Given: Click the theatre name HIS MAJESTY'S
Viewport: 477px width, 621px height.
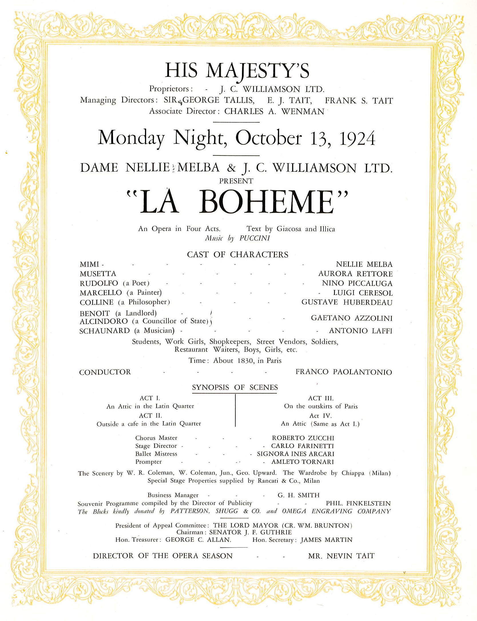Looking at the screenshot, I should click(x=237, y=70).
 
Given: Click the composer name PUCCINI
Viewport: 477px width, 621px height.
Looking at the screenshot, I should click(x=255, y=238).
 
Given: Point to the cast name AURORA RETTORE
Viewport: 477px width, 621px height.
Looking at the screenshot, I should click(x=355, y=274).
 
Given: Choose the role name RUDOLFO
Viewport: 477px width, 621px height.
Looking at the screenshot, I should click(x=99, y=283).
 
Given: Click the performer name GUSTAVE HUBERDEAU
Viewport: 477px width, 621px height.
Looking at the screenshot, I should click(x=347, y=302).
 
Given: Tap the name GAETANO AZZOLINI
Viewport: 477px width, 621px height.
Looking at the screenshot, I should click(x=352, y=318).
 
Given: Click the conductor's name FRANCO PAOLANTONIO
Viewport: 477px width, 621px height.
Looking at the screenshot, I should click(x=344, y=372).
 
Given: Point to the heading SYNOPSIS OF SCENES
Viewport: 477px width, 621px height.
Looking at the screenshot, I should click(x=235, y=387).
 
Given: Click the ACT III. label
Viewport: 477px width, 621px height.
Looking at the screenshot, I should click(x=321, y=398).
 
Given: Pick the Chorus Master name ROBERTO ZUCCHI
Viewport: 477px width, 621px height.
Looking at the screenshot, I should click(x=303, y=438).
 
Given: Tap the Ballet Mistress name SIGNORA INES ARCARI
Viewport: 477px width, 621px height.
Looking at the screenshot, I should click(x=296, y=454).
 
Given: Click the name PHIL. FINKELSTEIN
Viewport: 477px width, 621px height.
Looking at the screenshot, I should click(x=358, y=503).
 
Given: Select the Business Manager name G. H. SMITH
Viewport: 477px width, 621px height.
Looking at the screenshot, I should click(x=298, y=495).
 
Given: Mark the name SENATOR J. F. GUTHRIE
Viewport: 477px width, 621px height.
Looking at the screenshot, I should click(x=250, y=532).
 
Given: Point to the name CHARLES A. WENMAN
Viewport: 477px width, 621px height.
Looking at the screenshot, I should click(x=274, y=111).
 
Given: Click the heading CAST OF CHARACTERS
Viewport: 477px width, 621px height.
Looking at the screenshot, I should click(x=238, y=254).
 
